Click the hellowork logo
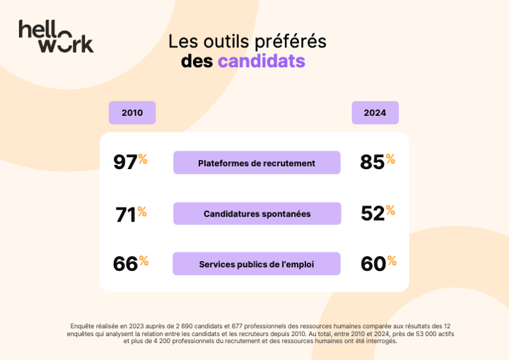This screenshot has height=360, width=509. click(56, 36)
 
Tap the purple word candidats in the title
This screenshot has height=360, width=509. click(261, 61)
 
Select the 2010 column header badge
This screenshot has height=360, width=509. click(132, 112)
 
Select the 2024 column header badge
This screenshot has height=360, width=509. click(375, 112)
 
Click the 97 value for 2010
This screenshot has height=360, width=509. click(125, 162)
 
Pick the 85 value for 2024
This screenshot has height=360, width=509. click(372, 162)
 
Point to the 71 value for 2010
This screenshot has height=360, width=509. click(125, 214)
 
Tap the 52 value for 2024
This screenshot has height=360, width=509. click(372, 214)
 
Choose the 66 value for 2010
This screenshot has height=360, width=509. click(125, 264)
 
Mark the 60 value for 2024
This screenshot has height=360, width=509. click(373, 264)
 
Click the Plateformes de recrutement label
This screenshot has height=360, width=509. click(257, 163)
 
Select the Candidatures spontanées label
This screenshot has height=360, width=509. click(257, 214)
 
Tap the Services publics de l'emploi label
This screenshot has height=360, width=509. click(257, 264)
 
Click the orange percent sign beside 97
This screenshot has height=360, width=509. click(143, 158)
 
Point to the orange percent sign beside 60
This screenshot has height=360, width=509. click(392, 260)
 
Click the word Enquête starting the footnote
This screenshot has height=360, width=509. click(83, 326)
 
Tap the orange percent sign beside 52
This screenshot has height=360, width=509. click(390, 210)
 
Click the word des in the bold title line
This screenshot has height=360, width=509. click(197, 61)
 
